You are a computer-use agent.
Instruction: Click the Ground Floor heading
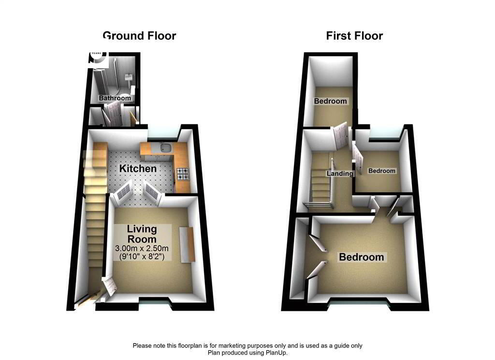tap(139, 36)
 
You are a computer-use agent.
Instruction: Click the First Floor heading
tap(354, 36)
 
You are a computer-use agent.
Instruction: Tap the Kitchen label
tap(138, 168)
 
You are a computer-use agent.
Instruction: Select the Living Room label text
tap(142, 234)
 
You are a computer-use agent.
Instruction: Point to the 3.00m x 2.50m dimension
tap(142, 248)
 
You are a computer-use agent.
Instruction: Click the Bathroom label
tap(115, 98)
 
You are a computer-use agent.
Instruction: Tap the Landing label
tap(340, 174)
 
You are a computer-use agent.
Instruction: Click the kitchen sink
tap(166, 148)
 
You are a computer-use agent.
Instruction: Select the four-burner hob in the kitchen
tap(183, 174)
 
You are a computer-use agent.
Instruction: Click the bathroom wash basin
tap(129, 77)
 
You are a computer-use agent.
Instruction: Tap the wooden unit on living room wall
tap(187, 244)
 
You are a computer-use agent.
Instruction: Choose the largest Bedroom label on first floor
tap(362, 257)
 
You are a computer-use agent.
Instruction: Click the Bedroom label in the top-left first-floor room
tap(330, 101)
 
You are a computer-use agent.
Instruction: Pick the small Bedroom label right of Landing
tap(382, 171)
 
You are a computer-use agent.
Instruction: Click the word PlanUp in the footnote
tap(276, 353)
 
